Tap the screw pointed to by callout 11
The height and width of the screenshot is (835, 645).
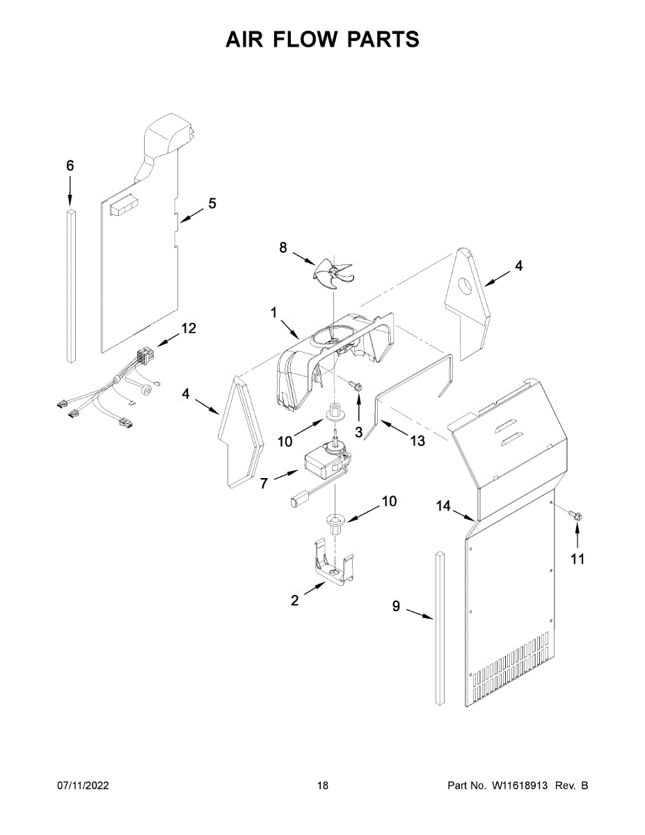pyautogui.click(x=575, y=515)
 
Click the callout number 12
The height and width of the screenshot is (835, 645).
pyautogui.click(x=189, y=328)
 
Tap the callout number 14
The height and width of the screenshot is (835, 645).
pyautogui.click(x=444, y=507)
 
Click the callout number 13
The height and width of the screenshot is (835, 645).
pyautogui.click(x=417, y=440)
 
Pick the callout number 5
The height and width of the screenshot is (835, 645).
pyautogui.click(x=212, y=203)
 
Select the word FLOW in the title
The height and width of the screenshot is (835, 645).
pyautogui.click(x=321, y=40)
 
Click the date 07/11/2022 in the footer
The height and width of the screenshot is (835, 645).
pyautogui.click(x=83, y=786)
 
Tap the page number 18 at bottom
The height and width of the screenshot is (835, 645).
pyautogui.click(x=322, y=786)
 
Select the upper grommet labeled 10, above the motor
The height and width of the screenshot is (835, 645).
pyautogui.click(x=335, y=412)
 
